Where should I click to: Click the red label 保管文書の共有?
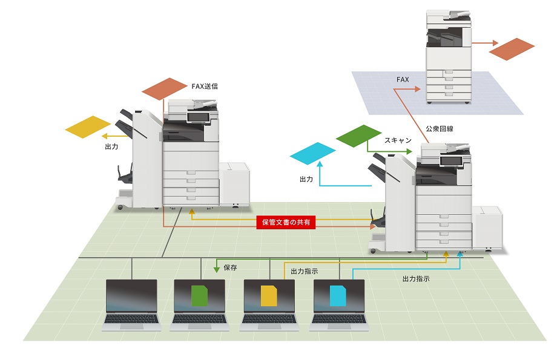[x=286, y=222]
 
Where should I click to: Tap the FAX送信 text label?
[x=204, y=87]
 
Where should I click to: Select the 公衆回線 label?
[x=440, y=129]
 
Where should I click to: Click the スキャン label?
[x=398, y=140]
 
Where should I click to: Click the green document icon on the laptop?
[x=200, y=295]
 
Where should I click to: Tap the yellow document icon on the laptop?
[x=269, y=296]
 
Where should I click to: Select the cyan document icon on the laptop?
[x=338, y=296]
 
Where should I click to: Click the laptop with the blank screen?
[x=131, y=296]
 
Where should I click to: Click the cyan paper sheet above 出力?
[x=312, y=154]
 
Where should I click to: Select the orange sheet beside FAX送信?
[x=165, y=88]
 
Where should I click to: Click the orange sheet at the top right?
[x=512, y=49]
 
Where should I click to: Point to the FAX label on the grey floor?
[x=403, y=79]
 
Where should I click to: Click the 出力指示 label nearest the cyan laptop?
[x=416, y=279]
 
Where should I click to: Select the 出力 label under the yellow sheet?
[x=111, y=146]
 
